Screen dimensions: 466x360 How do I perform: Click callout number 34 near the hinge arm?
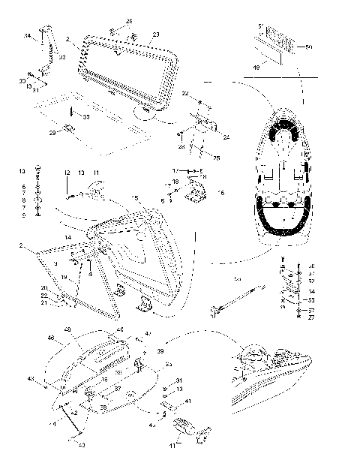tap(27, 36)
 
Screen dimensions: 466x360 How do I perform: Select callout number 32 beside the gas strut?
tap(61, 56)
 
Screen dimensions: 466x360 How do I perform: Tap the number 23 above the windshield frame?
tap(155, 35)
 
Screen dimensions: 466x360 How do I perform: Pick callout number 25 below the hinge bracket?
tap(217, 158)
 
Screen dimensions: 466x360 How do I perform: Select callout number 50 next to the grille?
tap(309, 47)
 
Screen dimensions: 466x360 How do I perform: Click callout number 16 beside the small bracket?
tap(220, 193)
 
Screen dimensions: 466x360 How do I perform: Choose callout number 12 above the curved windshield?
tap(66, 173)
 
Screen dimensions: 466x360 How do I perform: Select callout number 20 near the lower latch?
tap(44, 288)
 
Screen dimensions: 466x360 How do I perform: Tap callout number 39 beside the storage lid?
tap(160, 350)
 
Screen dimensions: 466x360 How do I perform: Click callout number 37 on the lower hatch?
tap(118, 389)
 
